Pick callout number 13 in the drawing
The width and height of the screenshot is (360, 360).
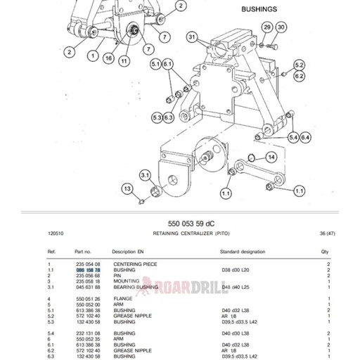(x=127, y=188)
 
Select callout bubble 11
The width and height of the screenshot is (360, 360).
(x=124, y=61)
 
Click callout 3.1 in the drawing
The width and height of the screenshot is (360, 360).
(x=145, y=174)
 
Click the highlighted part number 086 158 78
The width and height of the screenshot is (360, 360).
(x=89, y=270)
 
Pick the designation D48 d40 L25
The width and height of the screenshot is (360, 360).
(x=236, y=287)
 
